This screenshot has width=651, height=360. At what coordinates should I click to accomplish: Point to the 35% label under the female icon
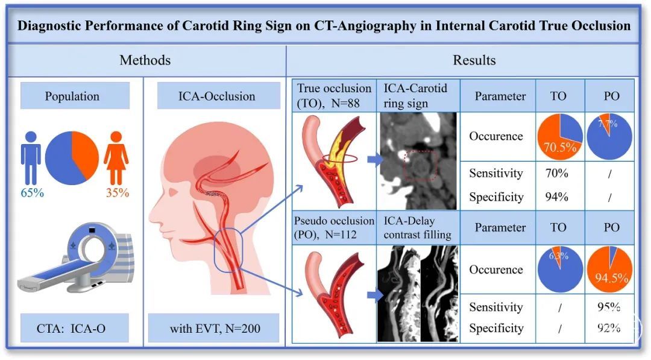(x=118, y=193)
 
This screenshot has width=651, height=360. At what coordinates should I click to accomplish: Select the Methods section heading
(x=145, y=60)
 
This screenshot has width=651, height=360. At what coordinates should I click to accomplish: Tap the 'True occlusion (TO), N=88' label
(x=333, y=95)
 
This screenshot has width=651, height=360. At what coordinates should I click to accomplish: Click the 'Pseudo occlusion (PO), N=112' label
(x=333, y=227)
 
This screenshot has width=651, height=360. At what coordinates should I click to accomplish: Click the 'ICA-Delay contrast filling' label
(x=418, y=227)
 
